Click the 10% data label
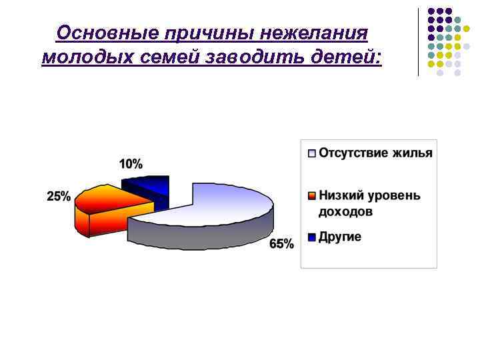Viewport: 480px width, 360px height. [131, 163]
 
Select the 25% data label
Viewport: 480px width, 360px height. [59, 196]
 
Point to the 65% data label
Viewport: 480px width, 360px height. [281, 244]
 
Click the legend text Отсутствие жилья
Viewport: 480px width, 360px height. [375, 153]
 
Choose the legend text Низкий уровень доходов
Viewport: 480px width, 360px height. [369, 203]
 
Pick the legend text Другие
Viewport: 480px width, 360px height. [339, 237]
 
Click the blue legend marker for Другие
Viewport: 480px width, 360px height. [311, 237]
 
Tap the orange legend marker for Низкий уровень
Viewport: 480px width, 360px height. [311, 196]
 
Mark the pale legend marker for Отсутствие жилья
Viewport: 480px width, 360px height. [311, 153]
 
